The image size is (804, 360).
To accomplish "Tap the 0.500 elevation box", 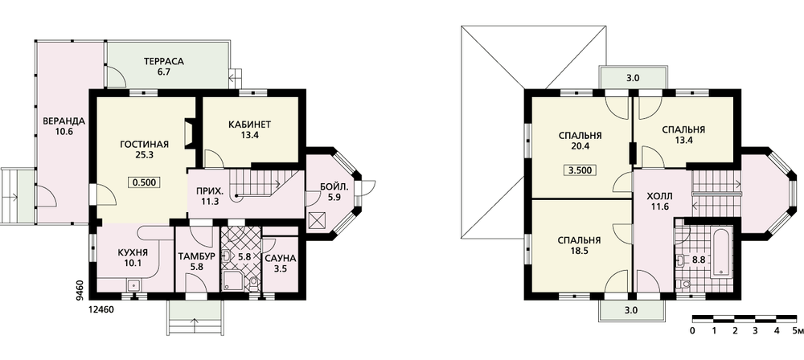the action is (145, 182).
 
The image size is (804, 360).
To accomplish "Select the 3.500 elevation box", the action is (581, 170).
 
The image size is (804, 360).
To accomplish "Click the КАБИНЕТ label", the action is (250, 124).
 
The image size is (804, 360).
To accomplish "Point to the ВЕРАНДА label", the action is (64, 121).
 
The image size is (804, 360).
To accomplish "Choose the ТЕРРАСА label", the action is (163, 62).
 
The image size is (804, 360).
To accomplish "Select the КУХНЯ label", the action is (133, 252).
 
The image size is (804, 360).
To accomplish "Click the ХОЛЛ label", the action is (658, 196).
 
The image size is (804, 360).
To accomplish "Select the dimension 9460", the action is (79, 290).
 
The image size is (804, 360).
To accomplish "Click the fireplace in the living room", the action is (189, 134).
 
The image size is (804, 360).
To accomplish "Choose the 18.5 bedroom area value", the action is (580, 252).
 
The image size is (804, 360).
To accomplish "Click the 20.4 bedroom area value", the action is (580, 147).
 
